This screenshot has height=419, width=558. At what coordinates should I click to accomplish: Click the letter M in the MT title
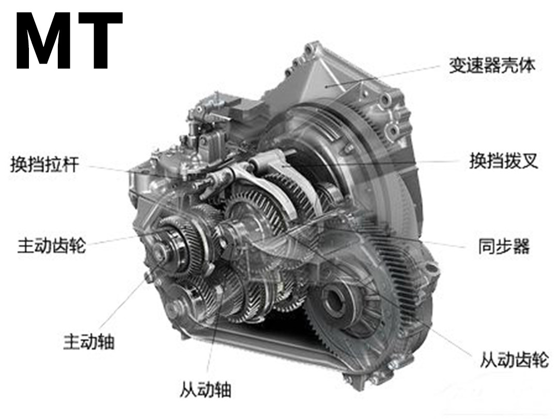(44, 41)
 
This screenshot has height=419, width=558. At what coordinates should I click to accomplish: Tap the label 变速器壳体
(491, 65)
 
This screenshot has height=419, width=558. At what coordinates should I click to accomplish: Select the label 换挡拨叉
(503, 161)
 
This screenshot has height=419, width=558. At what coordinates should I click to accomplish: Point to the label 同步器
(504, 246)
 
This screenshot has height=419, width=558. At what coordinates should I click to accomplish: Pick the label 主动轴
(89, 341)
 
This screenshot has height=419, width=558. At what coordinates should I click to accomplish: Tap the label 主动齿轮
(52, 246)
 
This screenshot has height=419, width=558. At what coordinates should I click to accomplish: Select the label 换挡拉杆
(44, 164)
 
